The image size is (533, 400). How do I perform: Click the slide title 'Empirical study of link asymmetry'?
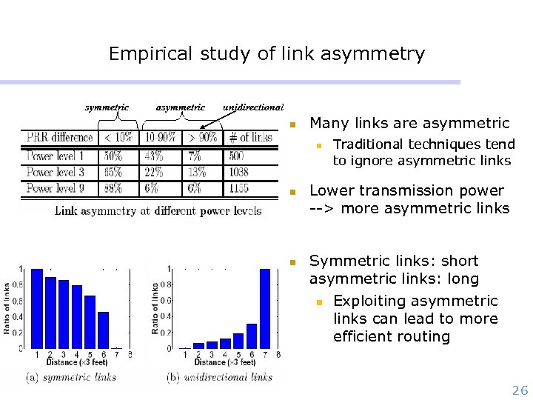(x=266, y=54)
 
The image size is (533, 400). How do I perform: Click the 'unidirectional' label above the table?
(x=253, y=107)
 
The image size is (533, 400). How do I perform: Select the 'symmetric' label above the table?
(x=107, y=107)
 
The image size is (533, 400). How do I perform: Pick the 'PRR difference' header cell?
(x=60, y=137)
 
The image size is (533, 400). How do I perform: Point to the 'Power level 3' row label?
(x=56, y=172)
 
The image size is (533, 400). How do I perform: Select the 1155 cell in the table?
(x=238, y=188)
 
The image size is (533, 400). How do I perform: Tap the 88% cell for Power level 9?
(x=113, y=188)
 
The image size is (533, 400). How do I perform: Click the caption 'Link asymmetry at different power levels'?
(x=158, y=210)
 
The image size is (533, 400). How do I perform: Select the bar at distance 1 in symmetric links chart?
(x=37, y=308)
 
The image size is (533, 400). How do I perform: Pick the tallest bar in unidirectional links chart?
(x=265, y=308)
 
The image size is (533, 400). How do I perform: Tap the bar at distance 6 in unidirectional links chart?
(x=252, y=336)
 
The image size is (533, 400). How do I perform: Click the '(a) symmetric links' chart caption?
(x=71, y=377)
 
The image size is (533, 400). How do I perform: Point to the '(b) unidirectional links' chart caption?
(x=221, y=377)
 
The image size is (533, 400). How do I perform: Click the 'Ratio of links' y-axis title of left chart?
(x=7, y=307)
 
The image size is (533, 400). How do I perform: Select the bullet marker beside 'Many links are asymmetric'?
(x=293, y=124)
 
